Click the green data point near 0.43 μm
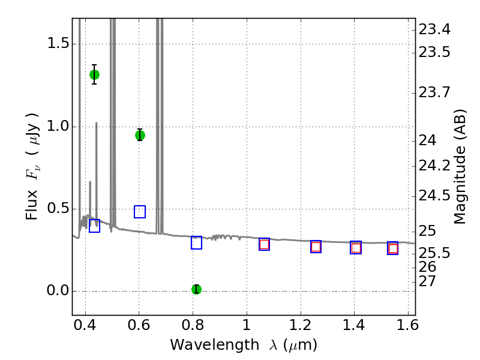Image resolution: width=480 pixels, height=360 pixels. [94, 74]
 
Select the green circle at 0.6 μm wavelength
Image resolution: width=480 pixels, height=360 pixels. [140, 135]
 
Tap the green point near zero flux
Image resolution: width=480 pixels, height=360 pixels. [196, 289]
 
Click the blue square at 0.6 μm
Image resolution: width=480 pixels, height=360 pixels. [140, 211]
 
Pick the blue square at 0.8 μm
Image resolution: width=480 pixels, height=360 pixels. [196, 242]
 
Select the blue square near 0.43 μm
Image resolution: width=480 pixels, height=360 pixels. [94, 226]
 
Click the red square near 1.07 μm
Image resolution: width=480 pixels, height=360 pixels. [264, 244]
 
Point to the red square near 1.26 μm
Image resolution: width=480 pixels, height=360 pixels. [316, 247]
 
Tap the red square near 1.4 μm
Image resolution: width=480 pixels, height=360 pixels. [356, 248]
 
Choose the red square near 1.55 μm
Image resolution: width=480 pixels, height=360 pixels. [393, 248]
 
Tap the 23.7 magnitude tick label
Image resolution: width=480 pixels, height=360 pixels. [434, 93]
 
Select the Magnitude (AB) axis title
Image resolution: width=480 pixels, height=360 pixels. [460, 167]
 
